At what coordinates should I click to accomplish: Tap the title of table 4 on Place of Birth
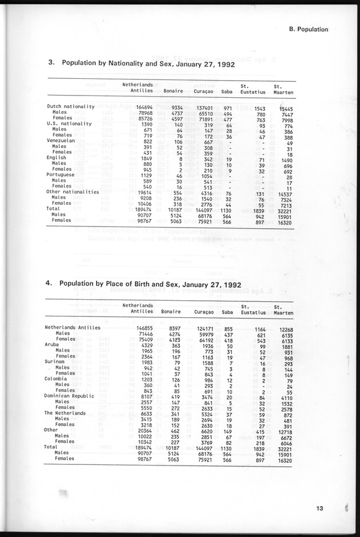tap(150, 284)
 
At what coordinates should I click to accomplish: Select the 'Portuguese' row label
tap(62, 174)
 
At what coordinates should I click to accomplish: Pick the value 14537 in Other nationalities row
tap(283, 192)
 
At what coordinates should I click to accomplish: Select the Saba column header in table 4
tap(226, 312)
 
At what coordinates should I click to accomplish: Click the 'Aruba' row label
tap(53, 345)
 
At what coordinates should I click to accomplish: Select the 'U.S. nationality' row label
tap(69, 124)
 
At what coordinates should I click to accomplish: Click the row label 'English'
tap(57, 157)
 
